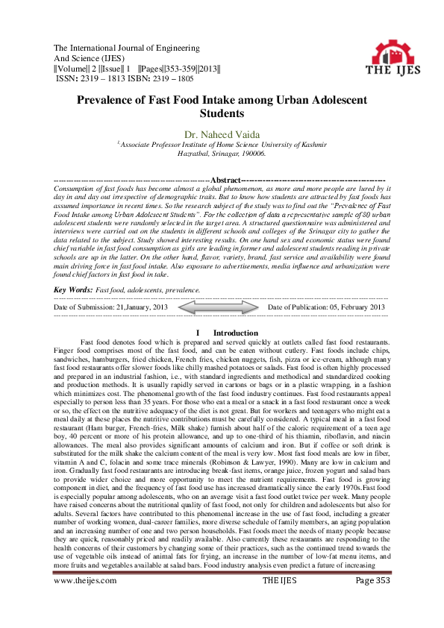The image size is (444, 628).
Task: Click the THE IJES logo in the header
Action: tap(390, 56)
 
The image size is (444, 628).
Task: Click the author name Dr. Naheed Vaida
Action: tap(222, 134)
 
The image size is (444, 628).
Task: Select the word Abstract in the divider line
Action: tap(226, 180)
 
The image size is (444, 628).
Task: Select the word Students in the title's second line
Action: tap(222, 114)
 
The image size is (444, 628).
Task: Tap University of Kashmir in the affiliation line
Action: tap(285, 144)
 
